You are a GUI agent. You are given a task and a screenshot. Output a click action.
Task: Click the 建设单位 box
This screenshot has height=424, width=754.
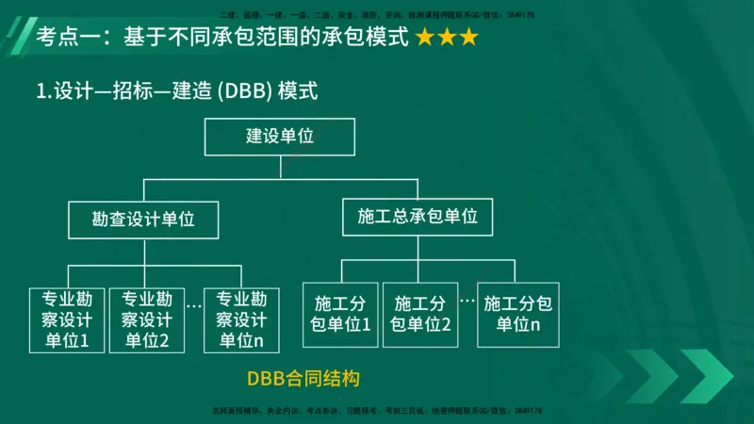click(280, 137)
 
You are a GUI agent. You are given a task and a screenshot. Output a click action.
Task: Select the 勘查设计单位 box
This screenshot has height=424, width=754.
click(143, 219)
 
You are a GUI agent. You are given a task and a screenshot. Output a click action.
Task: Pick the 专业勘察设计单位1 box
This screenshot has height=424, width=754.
click(67, 319)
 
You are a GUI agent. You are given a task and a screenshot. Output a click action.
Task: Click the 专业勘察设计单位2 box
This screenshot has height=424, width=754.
click(146, 319)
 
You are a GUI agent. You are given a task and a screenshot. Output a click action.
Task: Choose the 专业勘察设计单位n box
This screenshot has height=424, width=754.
click(242, 319)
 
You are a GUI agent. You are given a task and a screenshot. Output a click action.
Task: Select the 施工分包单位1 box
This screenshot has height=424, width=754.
click(340, 314)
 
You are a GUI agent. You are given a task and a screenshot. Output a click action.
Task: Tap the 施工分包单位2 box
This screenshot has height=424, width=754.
click(419, 314)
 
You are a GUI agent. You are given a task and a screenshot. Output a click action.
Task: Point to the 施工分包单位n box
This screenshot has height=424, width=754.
click(518, 314)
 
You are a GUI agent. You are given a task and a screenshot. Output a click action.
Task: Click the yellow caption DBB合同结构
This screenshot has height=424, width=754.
click(303, 379)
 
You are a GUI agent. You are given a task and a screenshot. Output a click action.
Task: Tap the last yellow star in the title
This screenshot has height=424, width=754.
click(467, 39)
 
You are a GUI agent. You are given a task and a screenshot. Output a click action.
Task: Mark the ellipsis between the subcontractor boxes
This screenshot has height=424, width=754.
click(467, 300)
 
